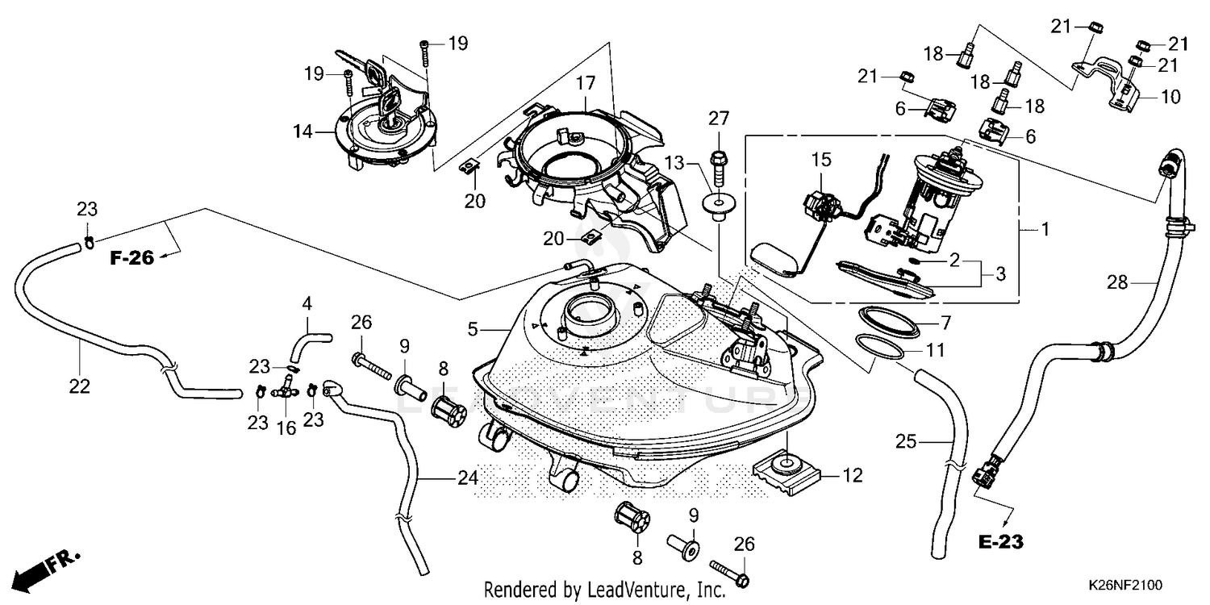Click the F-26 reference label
click(x=131, y=258)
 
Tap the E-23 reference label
click(x=1000, y=542)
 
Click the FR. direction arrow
click(x=47, y=570)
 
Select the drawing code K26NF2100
click(x=1125, y=585)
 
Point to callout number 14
click(x=303, y=131)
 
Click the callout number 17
click(x=585, y=83)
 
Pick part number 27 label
click(x=719, y=119)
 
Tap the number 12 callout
click(x=853, y=475)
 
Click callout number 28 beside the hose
click(x=1117, y=282)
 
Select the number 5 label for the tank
click(x=473, y=328)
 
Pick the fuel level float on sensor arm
click(x=775, y=259)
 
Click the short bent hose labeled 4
click(x=309, y=348)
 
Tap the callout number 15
click(x=821, y=160)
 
